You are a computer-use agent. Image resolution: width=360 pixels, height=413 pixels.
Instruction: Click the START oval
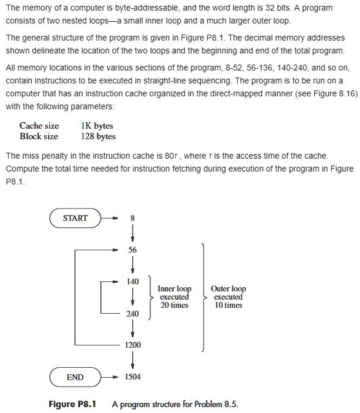click(x=75, y=218)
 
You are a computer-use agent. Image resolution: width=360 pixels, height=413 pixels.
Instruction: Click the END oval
click(x=75, y=377)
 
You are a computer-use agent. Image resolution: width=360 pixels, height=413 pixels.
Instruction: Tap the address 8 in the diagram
click(x=133, y=218)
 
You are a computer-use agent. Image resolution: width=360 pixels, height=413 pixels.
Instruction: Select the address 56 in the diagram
click(x=133, y=250)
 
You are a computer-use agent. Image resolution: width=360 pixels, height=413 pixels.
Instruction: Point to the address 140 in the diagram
click(x=133, y=282)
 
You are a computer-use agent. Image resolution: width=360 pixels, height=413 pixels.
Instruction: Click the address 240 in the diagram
click(x=133, y=314)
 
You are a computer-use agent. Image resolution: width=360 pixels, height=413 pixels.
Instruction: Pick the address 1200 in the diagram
click(x=133, y=345)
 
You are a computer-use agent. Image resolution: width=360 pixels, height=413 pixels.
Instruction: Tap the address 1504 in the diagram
click(x=133, y=377)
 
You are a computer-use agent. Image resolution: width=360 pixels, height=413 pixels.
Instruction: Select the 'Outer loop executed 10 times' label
click(x=228, y=297)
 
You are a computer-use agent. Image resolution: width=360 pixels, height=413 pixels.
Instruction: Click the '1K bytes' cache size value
click(x=97, y=126)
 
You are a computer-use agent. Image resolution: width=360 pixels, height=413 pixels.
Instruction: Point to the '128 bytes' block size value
click(x=99, y=136)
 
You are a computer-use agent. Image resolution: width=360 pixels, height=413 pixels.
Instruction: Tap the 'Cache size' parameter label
click(x=39, y=126)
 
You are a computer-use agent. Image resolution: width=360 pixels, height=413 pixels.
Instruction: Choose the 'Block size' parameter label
click(x=39, y=136)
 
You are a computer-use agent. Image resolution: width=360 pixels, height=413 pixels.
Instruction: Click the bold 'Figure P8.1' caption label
click(x=73, y=404)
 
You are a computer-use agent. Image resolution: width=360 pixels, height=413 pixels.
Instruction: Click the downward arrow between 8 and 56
click(x=133, y=234)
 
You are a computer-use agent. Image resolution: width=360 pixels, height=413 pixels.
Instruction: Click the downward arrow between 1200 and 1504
click(x=133, y=361)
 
